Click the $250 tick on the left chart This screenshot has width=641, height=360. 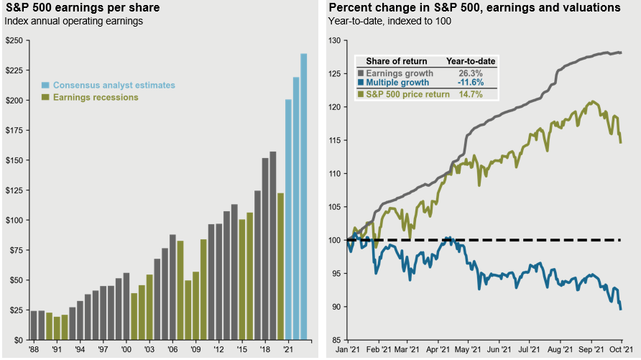coord(14,40)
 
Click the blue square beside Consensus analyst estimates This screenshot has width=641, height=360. coord(46,85)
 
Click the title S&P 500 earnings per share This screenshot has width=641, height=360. coord(83,8)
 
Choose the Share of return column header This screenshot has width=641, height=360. coord(396,61)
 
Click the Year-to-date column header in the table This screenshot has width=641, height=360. coord(471,61)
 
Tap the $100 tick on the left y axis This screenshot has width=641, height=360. coord(14,220)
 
